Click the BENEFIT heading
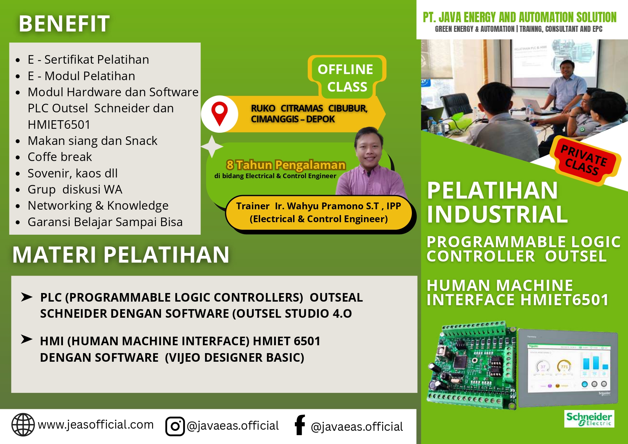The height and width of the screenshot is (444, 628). click(x=64, y=24)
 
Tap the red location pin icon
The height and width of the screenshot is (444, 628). click(x=219, y=113)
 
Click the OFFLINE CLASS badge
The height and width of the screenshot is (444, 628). click(x=346, y=78)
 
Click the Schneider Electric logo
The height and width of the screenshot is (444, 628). click(x=589, y=419)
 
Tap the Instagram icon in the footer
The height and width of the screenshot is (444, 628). click(x=175, y=426)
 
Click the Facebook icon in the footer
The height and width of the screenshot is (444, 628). click(x=300, y=425)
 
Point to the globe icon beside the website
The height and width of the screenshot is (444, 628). click(x=23, y=425)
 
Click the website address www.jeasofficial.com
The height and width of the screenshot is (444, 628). click(x=96, y=425)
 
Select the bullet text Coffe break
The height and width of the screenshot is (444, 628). click(x=60, y=157)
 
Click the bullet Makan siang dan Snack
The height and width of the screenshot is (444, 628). click(x=92, y=141)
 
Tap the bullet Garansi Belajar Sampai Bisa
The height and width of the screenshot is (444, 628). click(x=105, y=222)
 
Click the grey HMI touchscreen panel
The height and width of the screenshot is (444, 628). click(x=568, y=369)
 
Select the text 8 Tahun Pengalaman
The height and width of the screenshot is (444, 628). click(x=286, y=165)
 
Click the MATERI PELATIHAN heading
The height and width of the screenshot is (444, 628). click(x=121, y=255)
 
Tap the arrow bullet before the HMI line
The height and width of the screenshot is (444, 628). click(x=27, y=339)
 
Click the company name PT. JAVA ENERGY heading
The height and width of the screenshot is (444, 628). click(x=519, y=17)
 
